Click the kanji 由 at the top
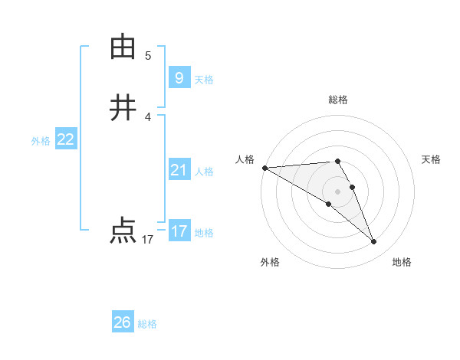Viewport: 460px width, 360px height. coord(123,47)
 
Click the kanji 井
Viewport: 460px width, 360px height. coord(123,107)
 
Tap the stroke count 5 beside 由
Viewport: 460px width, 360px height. coord(148,55)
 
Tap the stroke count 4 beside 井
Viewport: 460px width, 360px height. coord(148,116)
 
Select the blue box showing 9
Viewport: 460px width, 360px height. coord(179,78)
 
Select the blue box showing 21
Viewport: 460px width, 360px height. coord(179,169)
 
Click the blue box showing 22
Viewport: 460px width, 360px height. coord(66,139)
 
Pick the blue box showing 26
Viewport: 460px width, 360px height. coord(123,322)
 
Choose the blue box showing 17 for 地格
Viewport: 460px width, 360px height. coord(179,231)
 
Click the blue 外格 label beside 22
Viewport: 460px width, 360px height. coord(41,141)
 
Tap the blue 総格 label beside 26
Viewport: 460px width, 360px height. coord(147,324)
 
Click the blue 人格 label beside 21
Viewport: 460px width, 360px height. coord(205,172)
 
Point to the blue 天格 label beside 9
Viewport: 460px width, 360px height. coord(204,80)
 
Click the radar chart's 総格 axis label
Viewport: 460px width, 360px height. coord(338,100)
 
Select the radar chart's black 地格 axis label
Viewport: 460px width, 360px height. coord(402,262)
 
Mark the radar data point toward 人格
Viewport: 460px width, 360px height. coord(264,168)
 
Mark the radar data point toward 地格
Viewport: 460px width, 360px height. coord(374,242)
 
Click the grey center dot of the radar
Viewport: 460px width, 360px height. coord(337,191)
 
